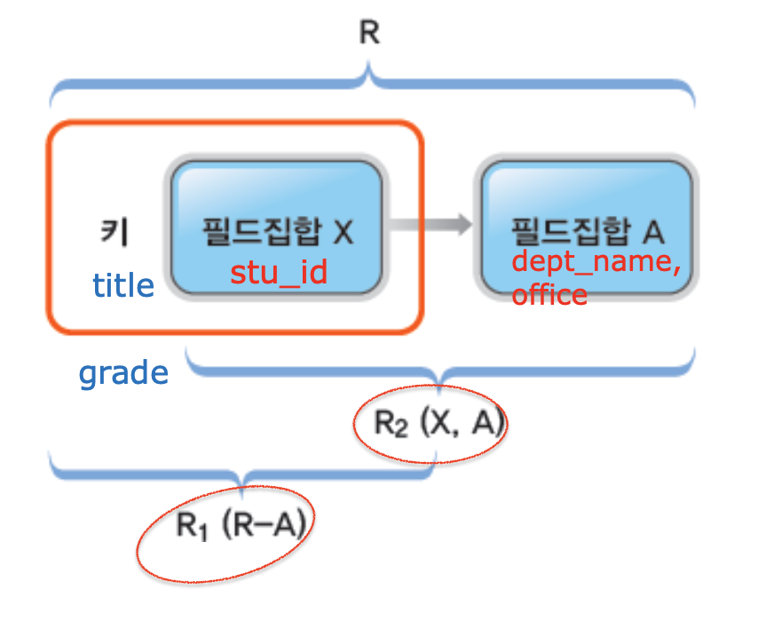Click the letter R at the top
click(x=369, y=34)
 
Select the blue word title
click(x=123, y=285)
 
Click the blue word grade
click(x=123, y=372)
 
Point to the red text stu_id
click(x=279, y=271)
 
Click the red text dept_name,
click(x=596, y=262)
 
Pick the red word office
click(x=549, y=293)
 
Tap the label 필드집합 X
click(x=278, y=233)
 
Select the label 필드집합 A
click(x=588, y=233)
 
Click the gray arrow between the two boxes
click(x=430, y=226)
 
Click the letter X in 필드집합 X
click(x=343, y=233)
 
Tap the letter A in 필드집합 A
click(x=653, y=233)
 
